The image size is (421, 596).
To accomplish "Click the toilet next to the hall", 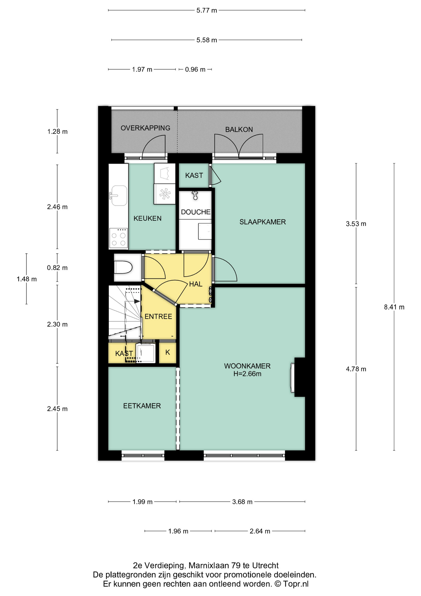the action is [x=123, y=267].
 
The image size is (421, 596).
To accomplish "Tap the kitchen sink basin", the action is [x=119, y=196].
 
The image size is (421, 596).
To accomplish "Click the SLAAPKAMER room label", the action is [x=263, y=222].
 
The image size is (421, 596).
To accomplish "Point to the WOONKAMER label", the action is [x=247, y=366].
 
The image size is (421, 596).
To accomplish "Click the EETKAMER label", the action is [x=142, y=406].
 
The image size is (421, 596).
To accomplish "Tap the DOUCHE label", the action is [x=196, y=212].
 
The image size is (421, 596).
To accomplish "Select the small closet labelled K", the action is [x=168, y=353].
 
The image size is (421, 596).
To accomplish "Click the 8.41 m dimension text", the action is [x=394, y=307].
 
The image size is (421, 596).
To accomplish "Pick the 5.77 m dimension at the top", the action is [x=207, y=11].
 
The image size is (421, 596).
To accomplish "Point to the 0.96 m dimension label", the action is [x=195, y=70].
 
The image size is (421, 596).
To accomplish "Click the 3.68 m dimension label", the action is [x=242, y=502].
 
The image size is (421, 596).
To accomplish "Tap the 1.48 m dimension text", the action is [x=27, y=279].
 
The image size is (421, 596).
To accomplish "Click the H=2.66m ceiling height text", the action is [x=247, y=374].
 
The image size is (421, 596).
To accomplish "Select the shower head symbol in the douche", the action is [x=195, y=196].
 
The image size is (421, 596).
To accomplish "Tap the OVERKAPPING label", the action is [x=145, y=128].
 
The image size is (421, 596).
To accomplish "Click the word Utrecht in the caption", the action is [x=265, y=566].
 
